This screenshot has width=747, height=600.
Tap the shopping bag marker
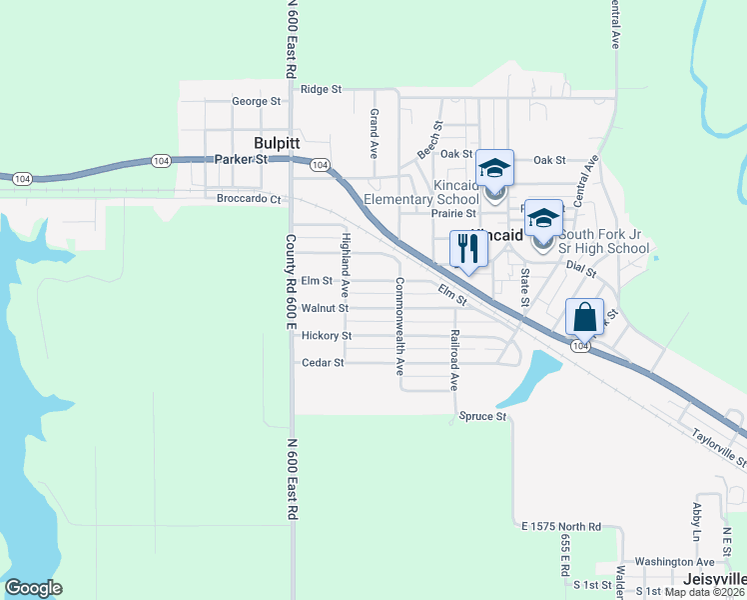[584, 318]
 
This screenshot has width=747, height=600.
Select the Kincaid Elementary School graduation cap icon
[494, 168]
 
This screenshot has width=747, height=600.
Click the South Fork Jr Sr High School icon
[543, 218]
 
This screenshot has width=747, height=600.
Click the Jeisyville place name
[716, 579]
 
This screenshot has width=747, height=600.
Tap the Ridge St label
[321, 89]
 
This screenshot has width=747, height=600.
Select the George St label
[256, 101]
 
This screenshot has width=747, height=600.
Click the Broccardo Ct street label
[249, 198]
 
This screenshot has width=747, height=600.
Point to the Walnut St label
[324, 308]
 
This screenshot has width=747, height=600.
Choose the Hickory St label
[326, 336]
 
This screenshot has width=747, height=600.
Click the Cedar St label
[323, 362]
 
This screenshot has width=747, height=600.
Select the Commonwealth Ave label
[399, 325]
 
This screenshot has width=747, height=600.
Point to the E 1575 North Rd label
[561, 526]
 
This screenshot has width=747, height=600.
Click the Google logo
[33, 588]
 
